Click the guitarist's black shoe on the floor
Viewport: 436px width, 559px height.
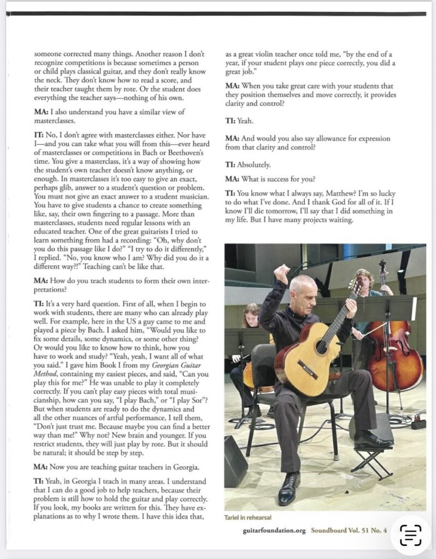288,490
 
